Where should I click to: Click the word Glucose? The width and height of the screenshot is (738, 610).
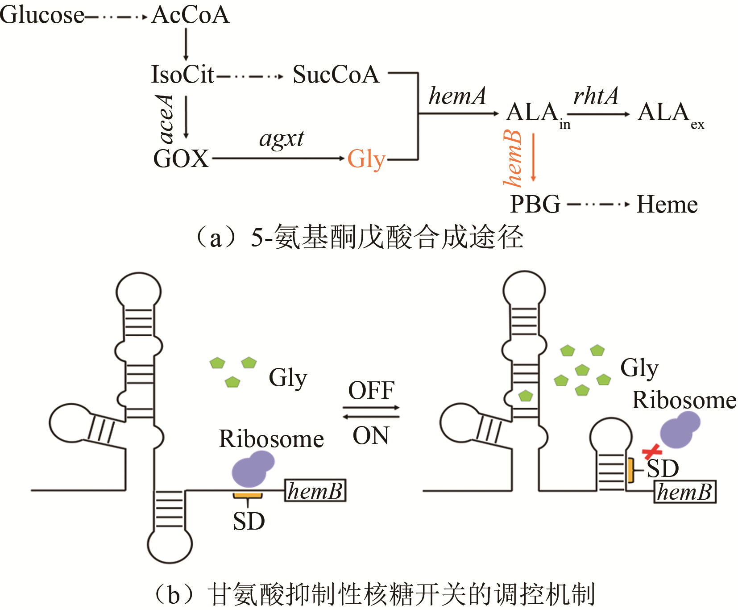42,15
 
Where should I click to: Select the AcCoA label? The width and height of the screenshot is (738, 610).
191,15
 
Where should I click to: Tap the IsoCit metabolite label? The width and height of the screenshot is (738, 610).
183,74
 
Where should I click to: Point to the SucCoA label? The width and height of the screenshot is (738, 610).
336,74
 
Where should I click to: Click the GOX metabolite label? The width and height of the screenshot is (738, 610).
181,159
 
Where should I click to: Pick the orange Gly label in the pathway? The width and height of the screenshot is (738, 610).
366,159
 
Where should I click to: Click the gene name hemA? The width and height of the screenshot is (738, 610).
457,96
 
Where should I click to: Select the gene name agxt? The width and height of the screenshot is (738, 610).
282,139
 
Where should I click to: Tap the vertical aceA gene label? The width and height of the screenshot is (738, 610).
166,119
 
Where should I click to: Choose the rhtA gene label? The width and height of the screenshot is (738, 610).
596,96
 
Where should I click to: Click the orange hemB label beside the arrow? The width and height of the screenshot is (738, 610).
512,158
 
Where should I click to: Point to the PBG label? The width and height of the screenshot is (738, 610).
535,205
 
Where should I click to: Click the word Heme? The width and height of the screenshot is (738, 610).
667,205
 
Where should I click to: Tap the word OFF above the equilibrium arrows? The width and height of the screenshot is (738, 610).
371,390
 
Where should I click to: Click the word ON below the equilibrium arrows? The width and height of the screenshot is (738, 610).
371,435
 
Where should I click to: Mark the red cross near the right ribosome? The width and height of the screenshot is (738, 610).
652,452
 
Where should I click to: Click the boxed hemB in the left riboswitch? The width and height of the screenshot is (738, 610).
315,491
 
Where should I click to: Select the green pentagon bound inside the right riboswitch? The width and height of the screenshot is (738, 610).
526,396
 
